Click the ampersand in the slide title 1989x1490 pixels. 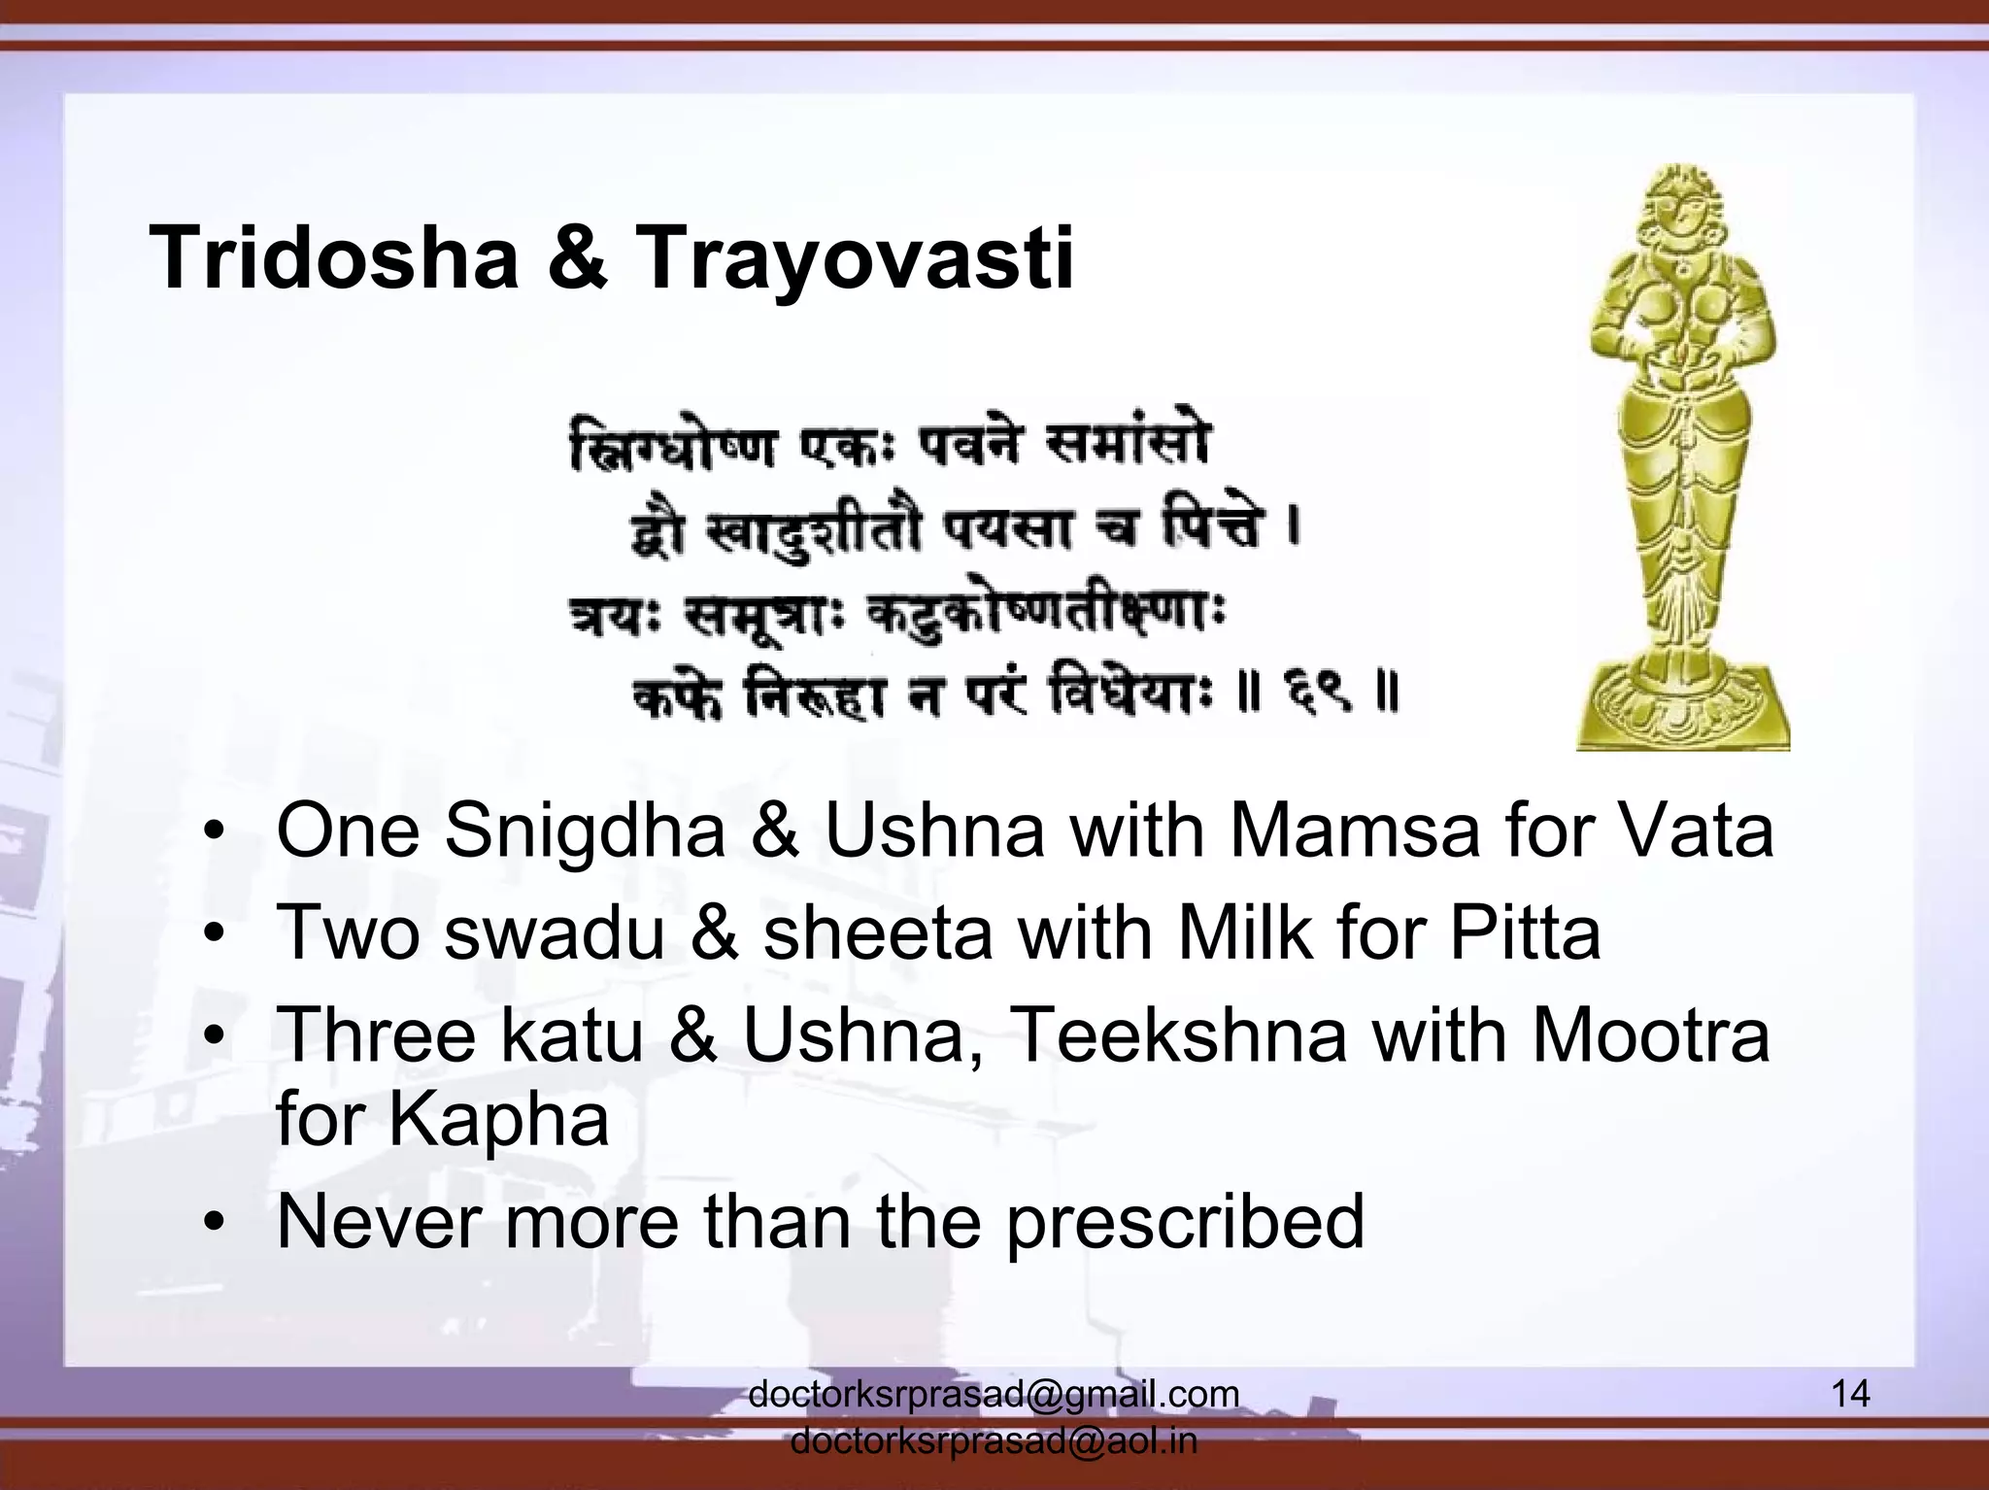[578, 258]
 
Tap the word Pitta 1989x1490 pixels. [1524, 932]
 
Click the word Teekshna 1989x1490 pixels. [1166, 1035]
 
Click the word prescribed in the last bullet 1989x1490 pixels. [1185, 1223]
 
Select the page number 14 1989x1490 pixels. [1849, 1393]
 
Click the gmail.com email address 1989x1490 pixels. [994, 1395]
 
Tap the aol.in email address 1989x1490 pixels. [994, 1441]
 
